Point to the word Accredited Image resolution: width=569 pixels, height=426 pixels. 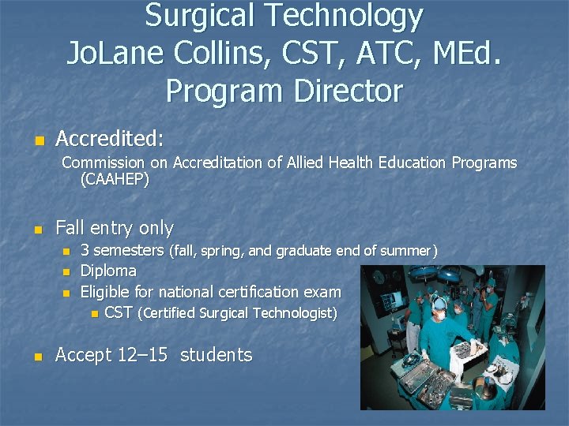click(x=109, y=139)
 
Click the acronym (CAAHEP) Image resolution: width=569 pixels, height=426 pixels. click(x=115, y=179)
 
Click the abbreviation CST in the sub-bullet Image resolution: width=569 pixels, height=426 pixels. click(x=119, y=313)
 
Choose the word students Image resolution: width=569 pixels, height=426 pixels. click(x=216, y=356)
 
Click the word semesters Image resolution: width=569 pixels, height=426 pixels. click(x=128, y=251)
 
